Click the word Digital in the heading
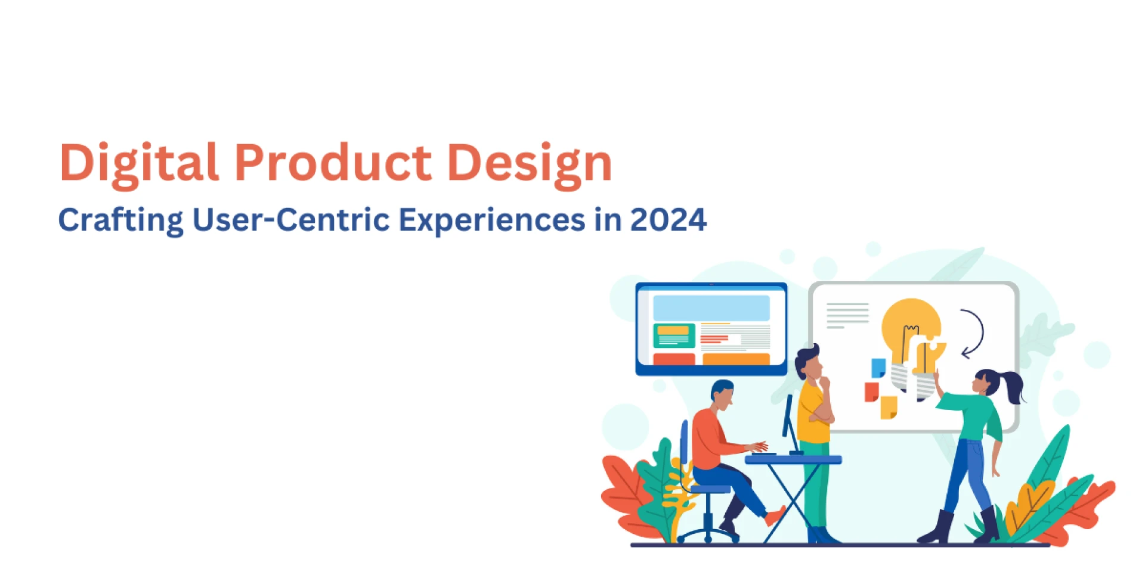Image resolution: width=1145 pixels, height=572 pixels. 139,162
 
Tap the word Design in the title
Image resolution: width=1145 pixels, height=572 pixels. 530,163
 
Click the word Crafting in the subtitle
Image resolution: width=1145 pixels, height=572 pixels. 121,220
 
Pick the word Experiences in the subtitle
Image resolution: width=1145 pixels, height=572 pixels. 492,220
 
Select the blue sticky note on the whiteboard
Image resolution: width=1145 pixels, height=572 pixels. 878,367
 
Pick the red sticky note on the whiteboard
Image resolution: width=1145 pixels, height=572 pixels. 871,392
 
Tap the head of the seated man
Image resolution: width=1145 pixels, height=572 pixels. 722,395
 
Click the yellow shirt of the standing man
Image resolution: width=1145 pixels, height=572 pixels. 813,412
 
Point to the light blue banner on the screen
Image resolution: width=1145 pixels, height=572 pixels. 711,308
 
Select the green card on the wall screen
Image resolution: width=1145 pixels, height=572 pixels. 674,335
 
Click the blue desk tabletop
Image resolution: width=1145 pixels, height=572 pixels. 793,459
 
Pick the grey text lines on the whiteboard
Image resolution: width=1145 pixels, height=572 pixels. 847,315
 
